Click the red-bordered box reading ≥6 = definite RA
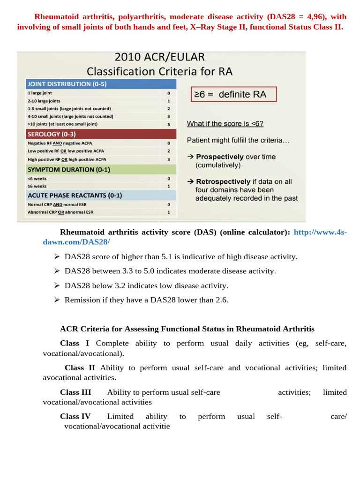coord(233,94)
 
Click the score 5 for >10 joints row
coord(169,124)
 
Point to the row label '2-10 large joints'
coord(44,101)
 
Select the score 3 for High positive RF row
coord(169,159)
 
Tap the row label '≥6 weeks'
coord(37,186)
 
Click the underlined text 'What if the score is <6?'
coord(225,124)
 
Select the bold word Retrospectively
coord(223,181)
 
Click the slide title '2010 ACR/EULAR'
coord(159,58)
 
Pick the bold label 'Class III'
coord(75,392)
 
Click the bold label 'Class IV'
coord(75,416)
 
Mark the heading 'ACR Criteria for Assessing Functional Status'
coord(187,329)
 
